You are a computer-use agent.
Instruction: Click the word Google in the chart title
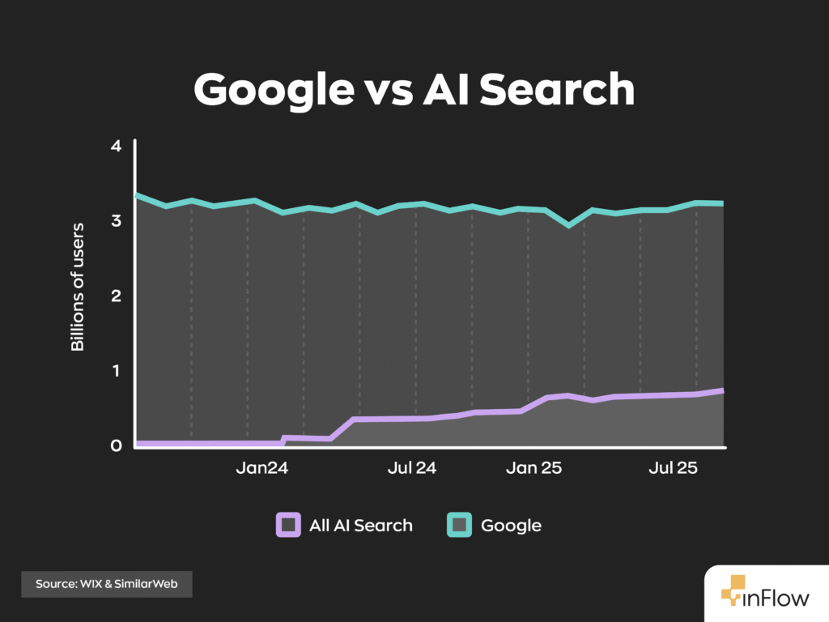[x=268, y=90]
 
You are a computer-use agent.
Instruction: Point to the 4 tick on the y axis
[x=116, y=146]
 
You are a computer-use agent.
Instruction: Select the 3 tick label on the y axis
[x=116, y=220]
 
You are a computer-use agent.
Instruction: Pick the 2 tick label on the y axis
[x=116, y=296]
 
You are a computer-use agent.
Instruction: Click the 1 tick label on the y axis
[x=116, y=370]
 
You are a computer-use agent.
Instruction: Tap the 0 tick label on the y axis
[x=116, y=445]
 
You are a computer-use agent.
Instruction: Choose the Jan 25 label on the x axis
[x=534, y=468]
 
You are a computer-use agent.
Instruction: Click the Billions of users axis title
[x=78, y=288]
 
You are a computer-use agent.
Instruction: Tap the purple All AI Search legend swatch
[x=287, y=525]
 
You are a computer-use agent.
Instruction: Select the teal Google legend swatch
[x=459, y=525]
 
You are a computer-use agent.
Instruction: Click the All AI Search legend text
[x=361, y=525]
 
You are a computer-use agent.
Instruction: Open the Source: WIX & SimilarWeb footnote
[x=106, y=584]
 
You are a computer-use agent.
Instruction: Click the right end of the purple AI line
[x=722, y=390]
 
